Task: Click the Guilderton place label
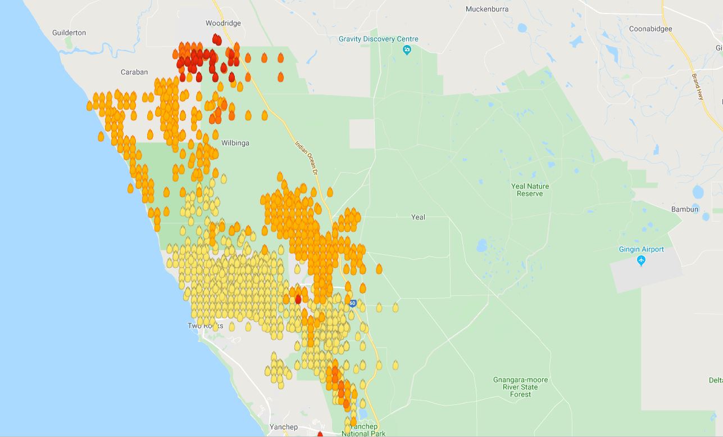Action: pos(69,33)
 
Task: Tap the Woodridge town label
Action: pos(223,23)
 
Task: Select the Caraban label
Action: pos(134,72)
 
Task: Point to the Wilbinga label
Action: pos(235,143)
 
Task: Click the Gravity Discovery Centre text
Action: pos(378,39)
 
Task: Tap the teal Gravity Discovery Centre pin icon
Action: pos(407,50)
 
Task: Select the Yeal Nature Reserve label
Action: pos(530,190)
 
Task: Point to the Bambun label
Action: pos(684,209)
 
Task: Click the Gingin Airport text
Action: pos(641,249)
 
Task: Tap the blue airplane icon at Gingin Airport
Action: pos(642,261)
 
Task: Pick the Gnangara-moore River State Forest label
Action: pos(520,387)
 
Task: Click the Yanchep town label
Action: pos(283,427)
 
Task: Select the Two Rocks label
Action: pos(205,326)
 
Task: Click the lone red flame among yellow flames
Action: pos(298,299)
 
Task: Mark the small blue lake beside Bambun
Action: pos(698,192)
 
